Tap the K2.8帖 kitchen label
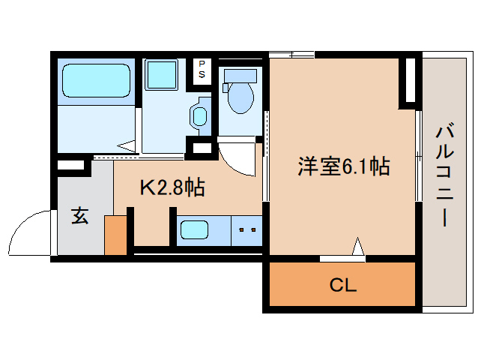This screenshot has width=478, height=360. pos(172,187)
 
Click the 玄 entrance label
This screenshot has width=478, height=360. pos(79,216)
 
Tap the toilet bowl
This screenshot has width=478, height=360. pos(240,98)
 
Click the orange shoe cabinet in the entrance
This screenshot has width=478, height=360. pos(115,234)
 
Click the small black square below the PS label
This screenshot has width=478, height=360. pos(202,147)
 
